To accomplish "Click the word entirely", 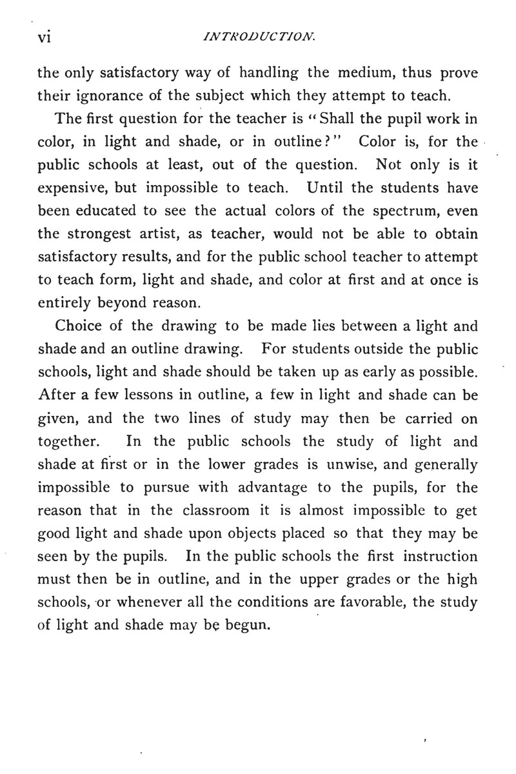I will coord(61,304).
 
